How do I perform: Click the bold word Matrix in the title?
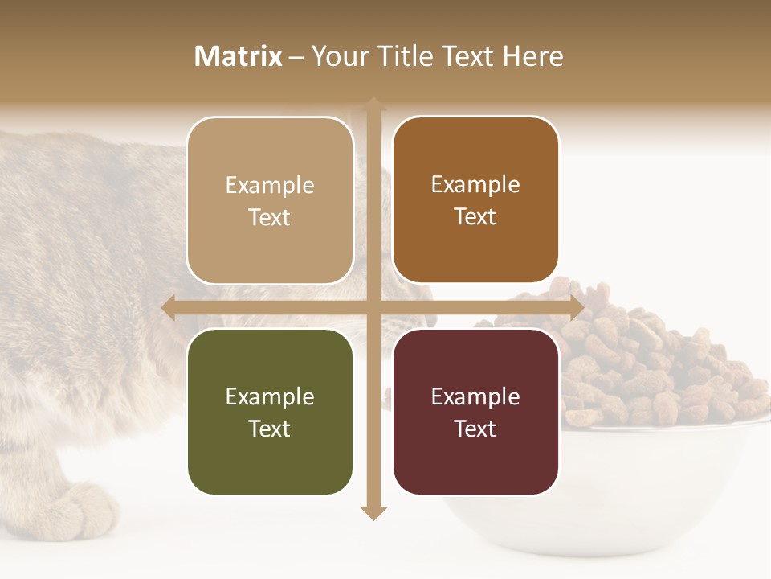coord(239,56)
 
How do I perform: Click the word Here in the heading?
coord(532,56)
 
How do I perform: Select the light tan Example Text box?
coord(270,201)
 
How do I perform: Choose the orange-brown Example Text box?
coord(475,200)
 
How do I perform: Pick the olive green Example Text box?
coord(270,412)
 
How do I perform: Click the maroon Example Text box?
coord(475,412)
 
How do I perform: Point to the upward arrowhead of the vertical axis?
coord(373,105)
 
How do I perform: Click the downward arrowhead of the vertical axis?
coord(373,512)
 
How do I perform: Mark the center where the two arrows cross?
coord(373,308)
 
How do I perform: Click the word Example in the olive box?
coord(270,396)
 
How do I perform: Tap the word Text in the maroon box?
coord(475,429)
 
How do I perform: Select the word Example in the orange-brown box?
coord(475,184)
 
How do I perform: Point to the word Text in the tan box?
coord(270,218)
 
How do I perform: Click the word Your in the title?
coord(338,56)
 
